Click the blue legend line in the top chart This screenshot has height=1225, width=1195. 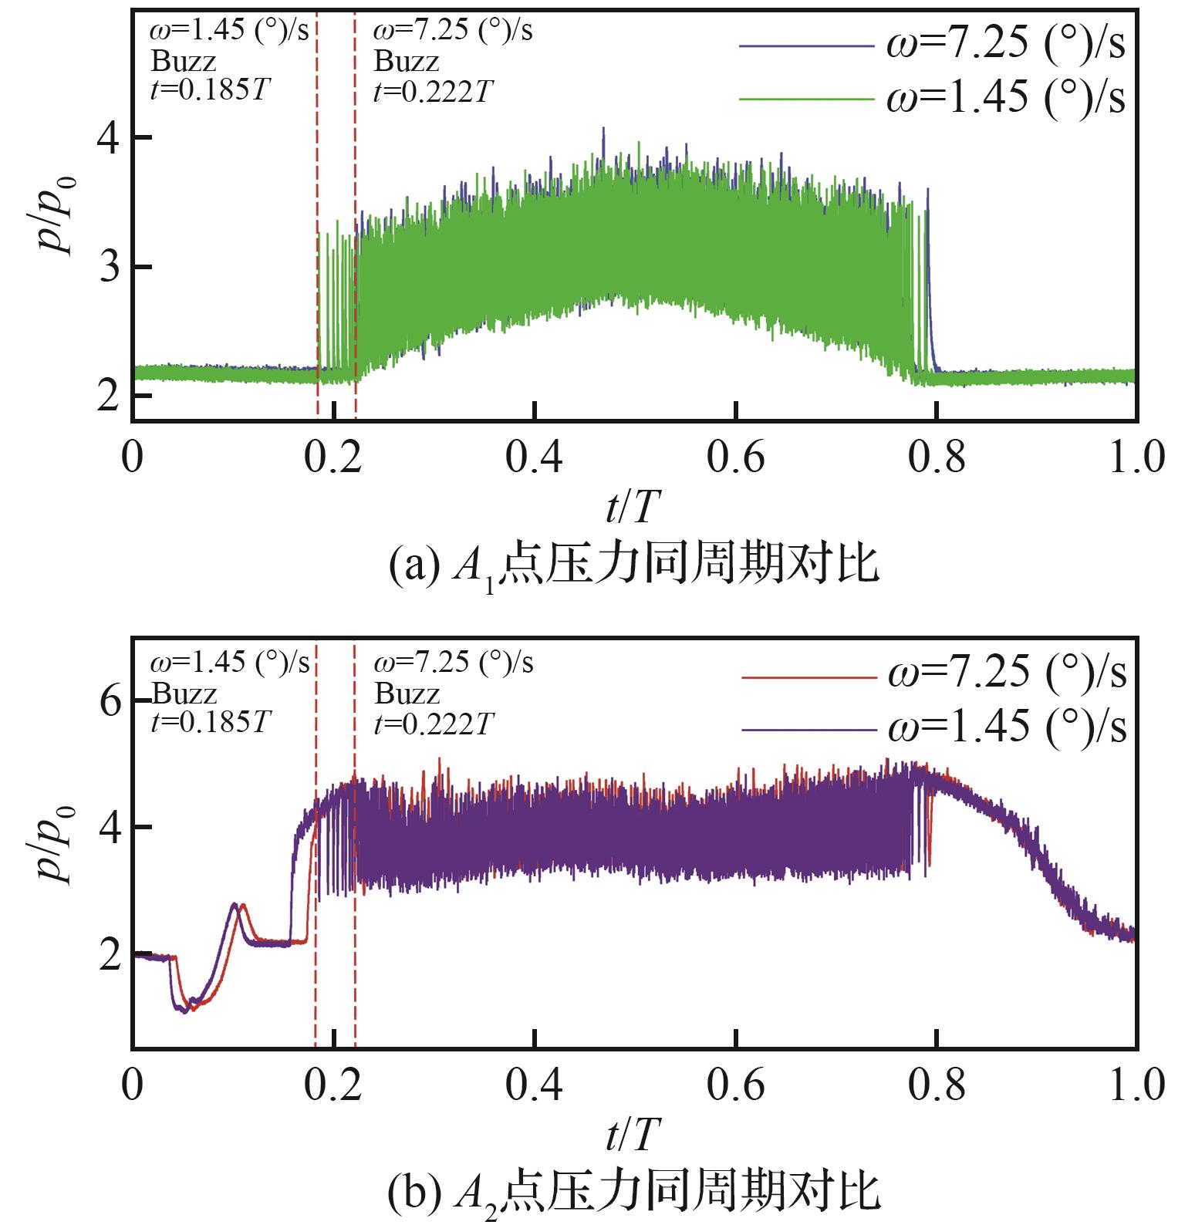click(x=805, y=46)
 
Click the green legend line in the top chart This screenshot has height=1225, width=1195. click(x=805, y=99)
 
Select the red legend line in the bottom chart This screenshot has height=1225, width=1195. click(x=808, y=677)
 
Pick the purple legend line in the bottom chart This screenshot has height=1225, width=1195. click(x=808, y=729)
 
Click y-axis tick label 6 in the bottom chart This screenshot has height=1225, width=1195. click(x=112, y=701)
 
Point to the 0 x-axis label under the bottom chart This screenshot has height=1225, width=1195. click(x=133, y=1086)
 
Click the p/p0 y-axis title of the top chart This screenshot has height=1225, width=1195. click(x=59, y=217)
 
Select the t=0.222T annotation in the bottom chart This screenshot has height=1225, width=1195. click(x=433, y=725)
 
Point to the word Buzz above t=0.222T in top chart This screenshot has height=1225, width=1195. click(x=407, y=62)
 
